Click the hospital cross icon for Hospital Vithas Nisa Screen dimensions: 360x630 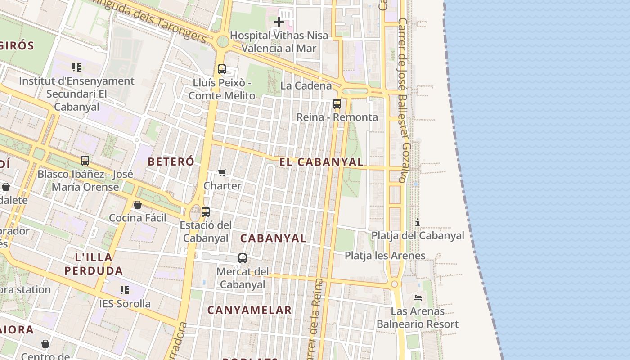(279, 22)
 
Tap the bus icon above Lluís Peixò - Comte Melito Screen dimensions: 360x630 (222, 69)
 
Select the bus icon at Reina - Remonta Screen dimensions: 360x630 (337, 104)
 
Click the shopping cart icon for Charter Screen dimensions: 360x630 (222, 172)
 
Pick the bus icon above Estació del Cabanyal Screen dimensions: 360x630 (206, 211)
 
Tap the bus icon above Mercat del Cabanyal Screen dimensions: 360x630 (243, 258)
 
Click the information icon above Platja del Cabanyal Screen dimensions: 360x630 (418, 222)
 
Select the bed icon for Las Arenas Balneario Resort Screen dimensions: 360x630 (418, 298)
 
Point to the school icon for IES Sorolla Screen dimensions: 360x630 (125, 290)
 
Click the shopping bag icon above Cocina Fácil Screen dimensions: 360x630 (138, 205)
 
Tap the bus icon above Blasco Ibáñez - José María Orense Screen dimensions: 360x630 (85, 161)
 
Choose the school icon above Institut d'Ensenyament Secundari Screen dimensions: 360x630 (76, 67)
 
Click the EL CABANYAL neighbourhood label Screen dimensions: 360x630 (321, 162)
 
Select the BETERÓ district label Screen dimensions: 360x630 (171, 162)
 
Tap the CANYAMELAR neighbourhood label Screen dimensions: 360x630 (249, 310)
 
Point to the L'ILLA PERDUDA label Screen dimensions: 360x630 (94, 264)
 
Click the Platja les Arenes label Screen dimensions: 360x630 (385, 256)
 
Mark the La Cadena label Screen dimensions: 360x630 (306, 85)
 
